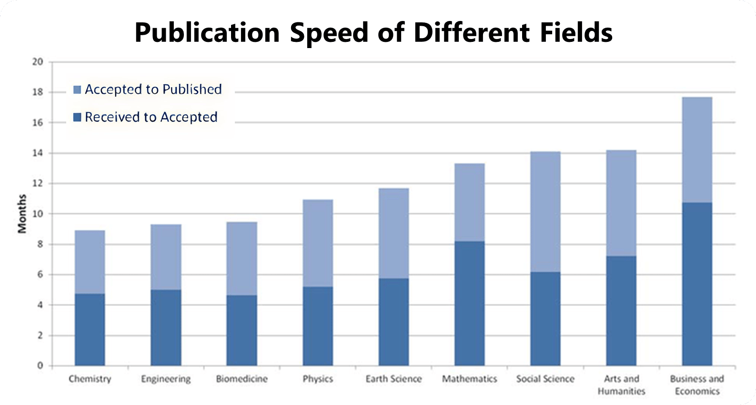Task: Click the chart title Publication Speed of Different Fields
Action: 373,32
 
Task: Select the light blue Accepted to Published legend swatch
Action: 77,89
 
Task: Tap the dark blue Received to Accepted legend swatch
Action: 77,117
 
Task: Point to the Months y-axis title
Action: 22,214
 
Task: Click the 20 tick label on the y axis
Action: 38,62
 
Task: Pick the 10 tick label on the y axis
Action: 38,214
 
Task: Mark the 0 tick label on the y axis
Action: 40,365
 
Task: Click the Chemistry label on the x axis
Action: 90,379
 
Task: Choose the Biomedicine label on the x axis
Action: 242,379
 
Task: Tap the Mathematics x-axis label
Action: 469,379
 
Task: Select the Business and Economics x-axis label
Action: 697,385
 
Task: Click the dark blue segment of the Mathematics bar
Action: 469,303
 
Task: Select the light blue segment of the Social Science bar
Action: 545,212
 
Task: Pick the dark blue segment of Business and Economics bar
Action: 697,284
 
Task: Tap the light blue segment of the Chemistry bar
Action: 90,262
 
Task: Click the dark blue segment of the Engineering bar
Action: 166,327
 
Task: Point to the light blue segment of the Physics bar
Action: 318,243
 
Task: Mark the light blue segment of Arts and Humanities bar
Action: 621,203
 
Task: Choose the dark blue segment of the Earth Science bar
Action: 393,322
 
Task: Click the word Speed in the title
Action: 329,32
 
